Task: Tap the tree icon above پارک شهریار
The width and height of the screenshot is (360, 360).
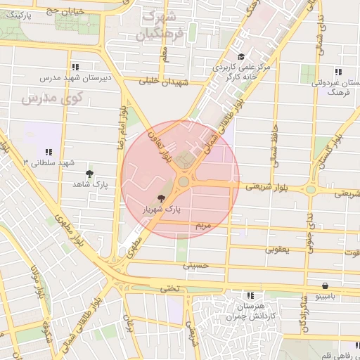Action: [x=162, y=199]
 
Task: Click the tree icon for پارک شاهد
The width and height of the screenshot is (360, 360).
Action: [x=89, y=173]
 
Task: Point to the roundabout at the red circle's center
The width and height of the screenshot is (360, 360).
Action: [x=184, y=182]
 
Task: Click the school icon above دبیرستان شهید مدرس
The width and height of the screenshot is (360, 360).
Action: [x=75, y=67]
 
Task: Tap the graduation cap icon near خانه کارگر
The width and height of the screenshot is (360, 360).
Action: [x=241, y=57]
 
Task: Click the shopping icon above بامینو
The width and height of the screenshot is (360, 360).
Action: [x=324, y=285]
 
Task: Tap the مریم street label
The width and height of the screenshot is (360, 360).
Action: [x=202, y=225]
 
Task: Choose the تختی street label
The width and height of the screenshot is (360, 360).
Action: [x=169, y=288]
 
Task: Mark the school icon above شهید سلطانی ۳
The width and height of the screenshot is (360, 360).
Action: [x=49, y=151]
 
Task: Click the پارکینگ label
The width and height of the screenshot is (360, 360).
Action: [x=18, y=14]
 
